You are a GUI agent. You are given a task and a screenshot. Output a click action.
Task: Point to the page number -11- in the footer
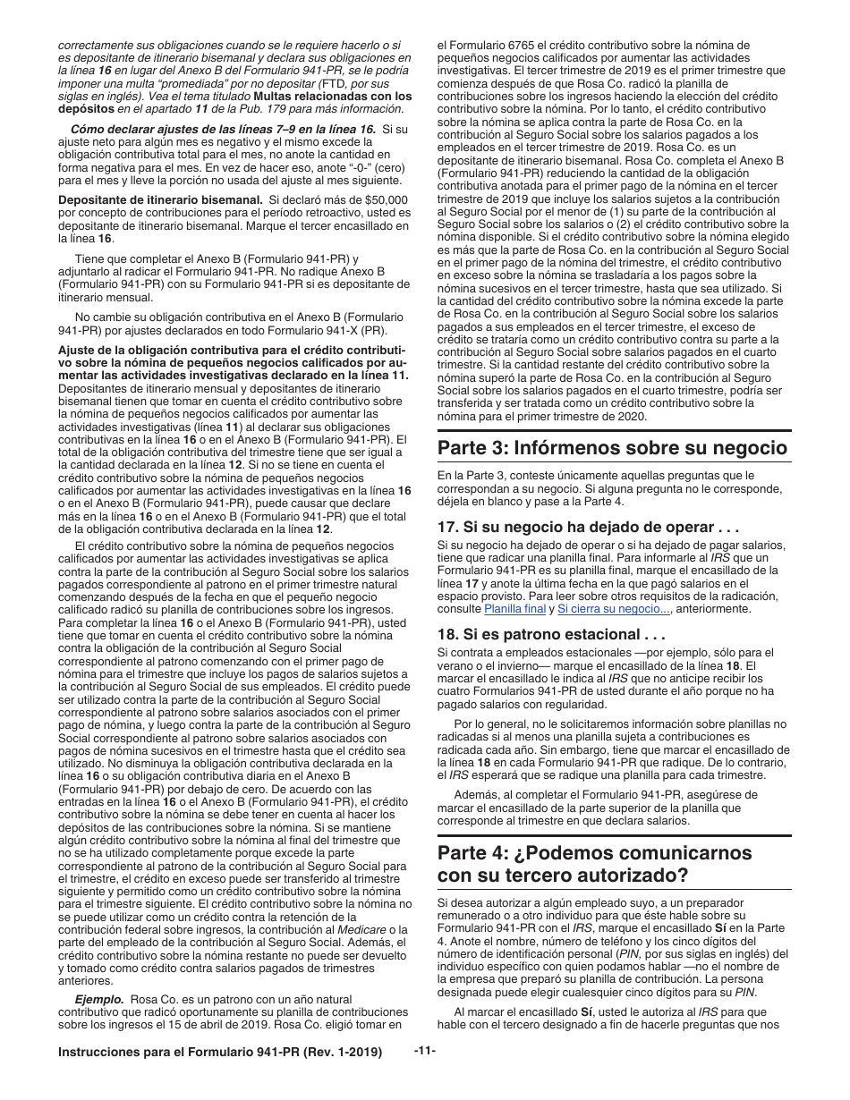tap(425, 1051)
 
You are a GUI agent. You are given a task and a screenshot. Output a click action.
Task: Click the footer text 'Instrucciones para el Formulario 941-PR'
tap(219, 1052)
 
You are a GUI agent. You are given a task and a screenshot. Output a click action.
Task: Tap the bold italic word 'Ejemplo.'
tap(100, 999)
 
